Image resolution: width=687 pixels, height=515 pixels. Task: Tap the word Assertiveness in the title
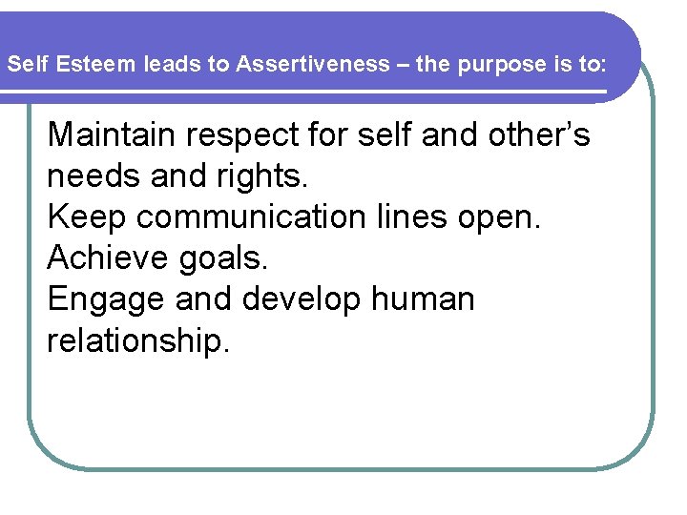point(314,65)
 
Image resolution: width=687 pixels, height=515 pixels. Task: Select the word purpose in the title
point(486,65)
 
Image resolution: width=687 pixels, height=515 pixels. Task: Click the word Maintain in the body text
point(113,135)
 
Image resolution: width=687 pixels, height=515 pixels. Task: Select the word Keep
point(87,217)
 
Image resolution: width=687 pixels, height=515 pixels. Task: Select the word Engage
point(106,299)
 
